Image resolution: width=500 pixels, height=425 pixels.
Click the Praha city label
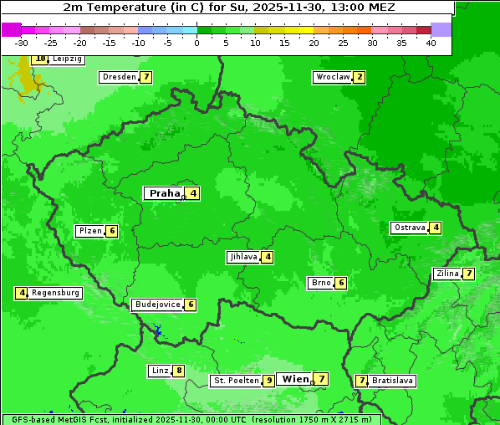point(164,193)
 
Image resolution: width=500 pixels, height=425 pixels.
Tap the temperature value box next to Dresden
point(146,77)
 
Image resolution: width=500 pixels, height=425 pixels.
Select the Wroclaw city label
point(332,77)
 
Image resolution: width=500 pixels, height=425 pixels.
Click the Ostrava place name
point(410,228)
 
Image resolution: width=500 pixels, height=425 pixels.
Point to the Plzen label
point(89,231)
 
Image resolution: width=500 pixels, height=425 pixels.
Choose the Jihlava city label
point(242,257)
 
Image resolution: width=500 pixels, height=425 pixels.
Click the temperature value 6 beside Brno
point(341,283)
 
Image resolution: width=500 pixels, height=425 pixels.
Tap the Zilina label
point(447,274)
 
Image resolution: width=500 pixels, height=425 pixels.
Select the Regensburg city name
point(56,293)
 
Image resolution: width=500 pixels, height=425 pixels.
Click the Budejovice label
point(157,305)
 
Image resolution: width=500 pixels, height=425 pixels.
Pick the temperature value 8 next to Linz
point(179,371)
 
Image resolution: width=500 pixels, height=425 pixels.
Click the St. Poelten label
point(235,381)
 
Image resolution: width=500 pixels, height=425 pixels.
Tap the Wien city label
point(295,379)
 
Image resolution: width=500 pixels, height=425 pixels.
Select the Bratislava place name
point(392,381)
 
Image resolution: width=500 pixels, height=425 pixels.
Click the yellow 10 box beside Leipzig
point(40,59)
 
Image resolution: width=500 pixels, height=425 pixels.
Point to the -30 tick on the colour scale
point(22,43)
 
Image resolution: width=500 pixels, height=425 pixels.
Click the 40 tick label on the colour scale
point(430,43)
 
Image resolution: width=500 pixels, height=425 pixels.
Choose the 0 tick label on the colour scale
point(196,43)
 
